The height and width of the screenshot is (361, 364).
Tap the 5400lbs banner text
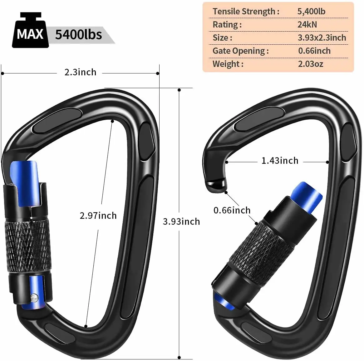(x=78, y=34)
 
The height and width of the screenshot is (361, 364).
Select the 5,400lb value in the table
(x=311, y=12)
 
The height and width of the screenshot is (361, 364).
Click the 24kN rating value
(x=307, y=25)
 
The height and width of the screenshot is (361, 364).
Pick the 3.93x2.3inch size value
(x=322, y=38)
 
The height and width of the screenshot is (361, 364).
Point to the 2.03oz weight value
(x=310, y=64)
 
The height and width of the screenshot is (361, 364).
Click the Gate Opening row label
(x=240, y=51)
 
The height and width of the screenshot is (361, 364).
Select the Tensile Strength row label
(x=246, y=12)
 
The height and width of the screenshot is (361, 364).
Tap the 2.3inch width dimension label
(x=80, y=73)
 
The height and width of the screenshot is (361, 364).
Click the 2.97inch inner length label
(x=98, y=216)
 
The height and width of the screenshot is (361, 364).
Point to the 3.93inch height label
(x=181, y=222)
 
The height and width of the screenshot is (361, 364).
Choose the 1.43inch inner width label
(x=280, y=161)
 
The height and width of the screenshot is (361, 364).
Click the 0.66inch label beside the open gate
(x=232, y=210)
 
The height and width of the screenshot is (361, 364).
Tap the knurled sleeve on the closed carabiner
(x=27, y=247)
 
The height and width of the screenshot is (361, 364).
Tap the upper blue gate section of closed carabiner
(x=24, y=183)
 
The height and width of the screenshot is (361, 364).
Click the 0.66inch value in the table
(x=314, y=51)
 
